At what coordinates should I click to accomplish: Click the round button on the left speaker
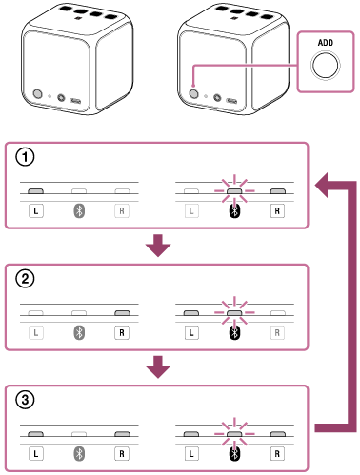click(37, 95)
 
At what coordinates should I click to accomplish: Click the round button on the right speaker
click(194, 94)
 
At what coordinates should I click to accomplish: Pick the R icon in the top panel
click(121, 209)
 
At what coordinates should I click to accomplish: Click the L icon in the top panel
click(191, 209)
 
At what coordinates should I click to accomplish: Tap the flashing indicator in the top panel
click(234, 192)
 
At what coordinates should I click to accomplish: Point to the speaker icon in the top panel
click(79, 209)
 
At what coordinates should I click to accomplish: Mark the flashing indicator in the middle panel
click(234, 312)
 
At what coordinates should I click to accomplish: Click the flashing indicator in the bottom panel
click(234, 434)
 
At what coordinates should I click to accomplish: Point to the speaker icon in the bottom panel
click(79, 452)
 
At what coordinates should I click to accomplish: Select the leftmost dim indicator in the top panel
click(36, 192)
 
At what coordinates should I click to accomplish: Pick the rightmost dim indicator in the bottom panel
click(277, 434)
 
